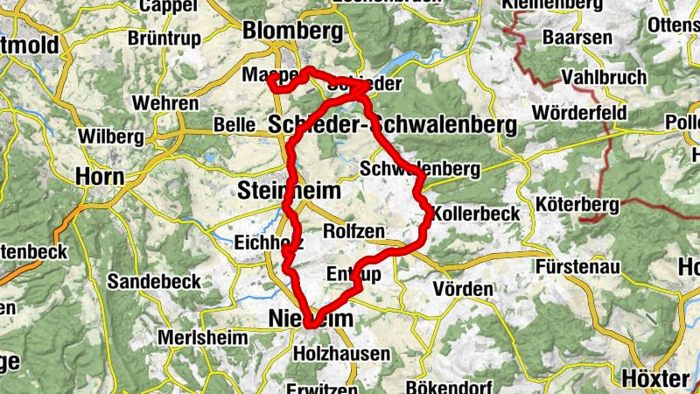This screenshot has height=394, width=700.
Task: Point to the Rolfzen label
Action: pyautogui.click(x=353, y=231)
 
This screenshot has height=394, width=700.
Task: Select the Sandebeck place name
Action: pyautogui.click(x=154, y=281)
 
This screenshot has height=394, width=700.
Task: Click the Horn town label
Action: pyautogui.click(x=100, y=176)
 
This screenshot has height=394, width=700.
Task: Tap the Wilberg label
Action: pyautogui.click(x=110, y=137)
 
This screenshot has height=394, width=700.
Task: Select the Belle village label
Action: pyautogui.click(x=234, y=125)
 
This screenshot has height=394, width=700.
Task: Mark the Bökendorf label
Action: pyautogui.click(x=448, y=386)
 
